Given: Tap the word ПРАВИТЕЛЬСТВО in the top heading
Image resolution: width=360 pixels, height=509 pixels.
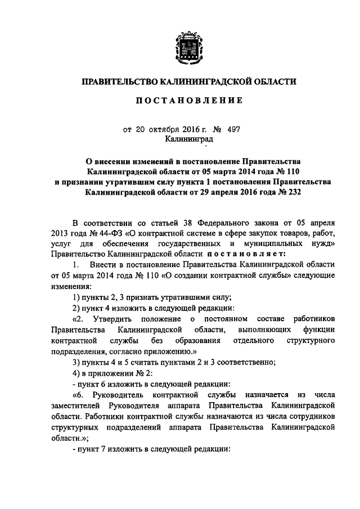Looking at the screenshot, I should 119,82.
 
